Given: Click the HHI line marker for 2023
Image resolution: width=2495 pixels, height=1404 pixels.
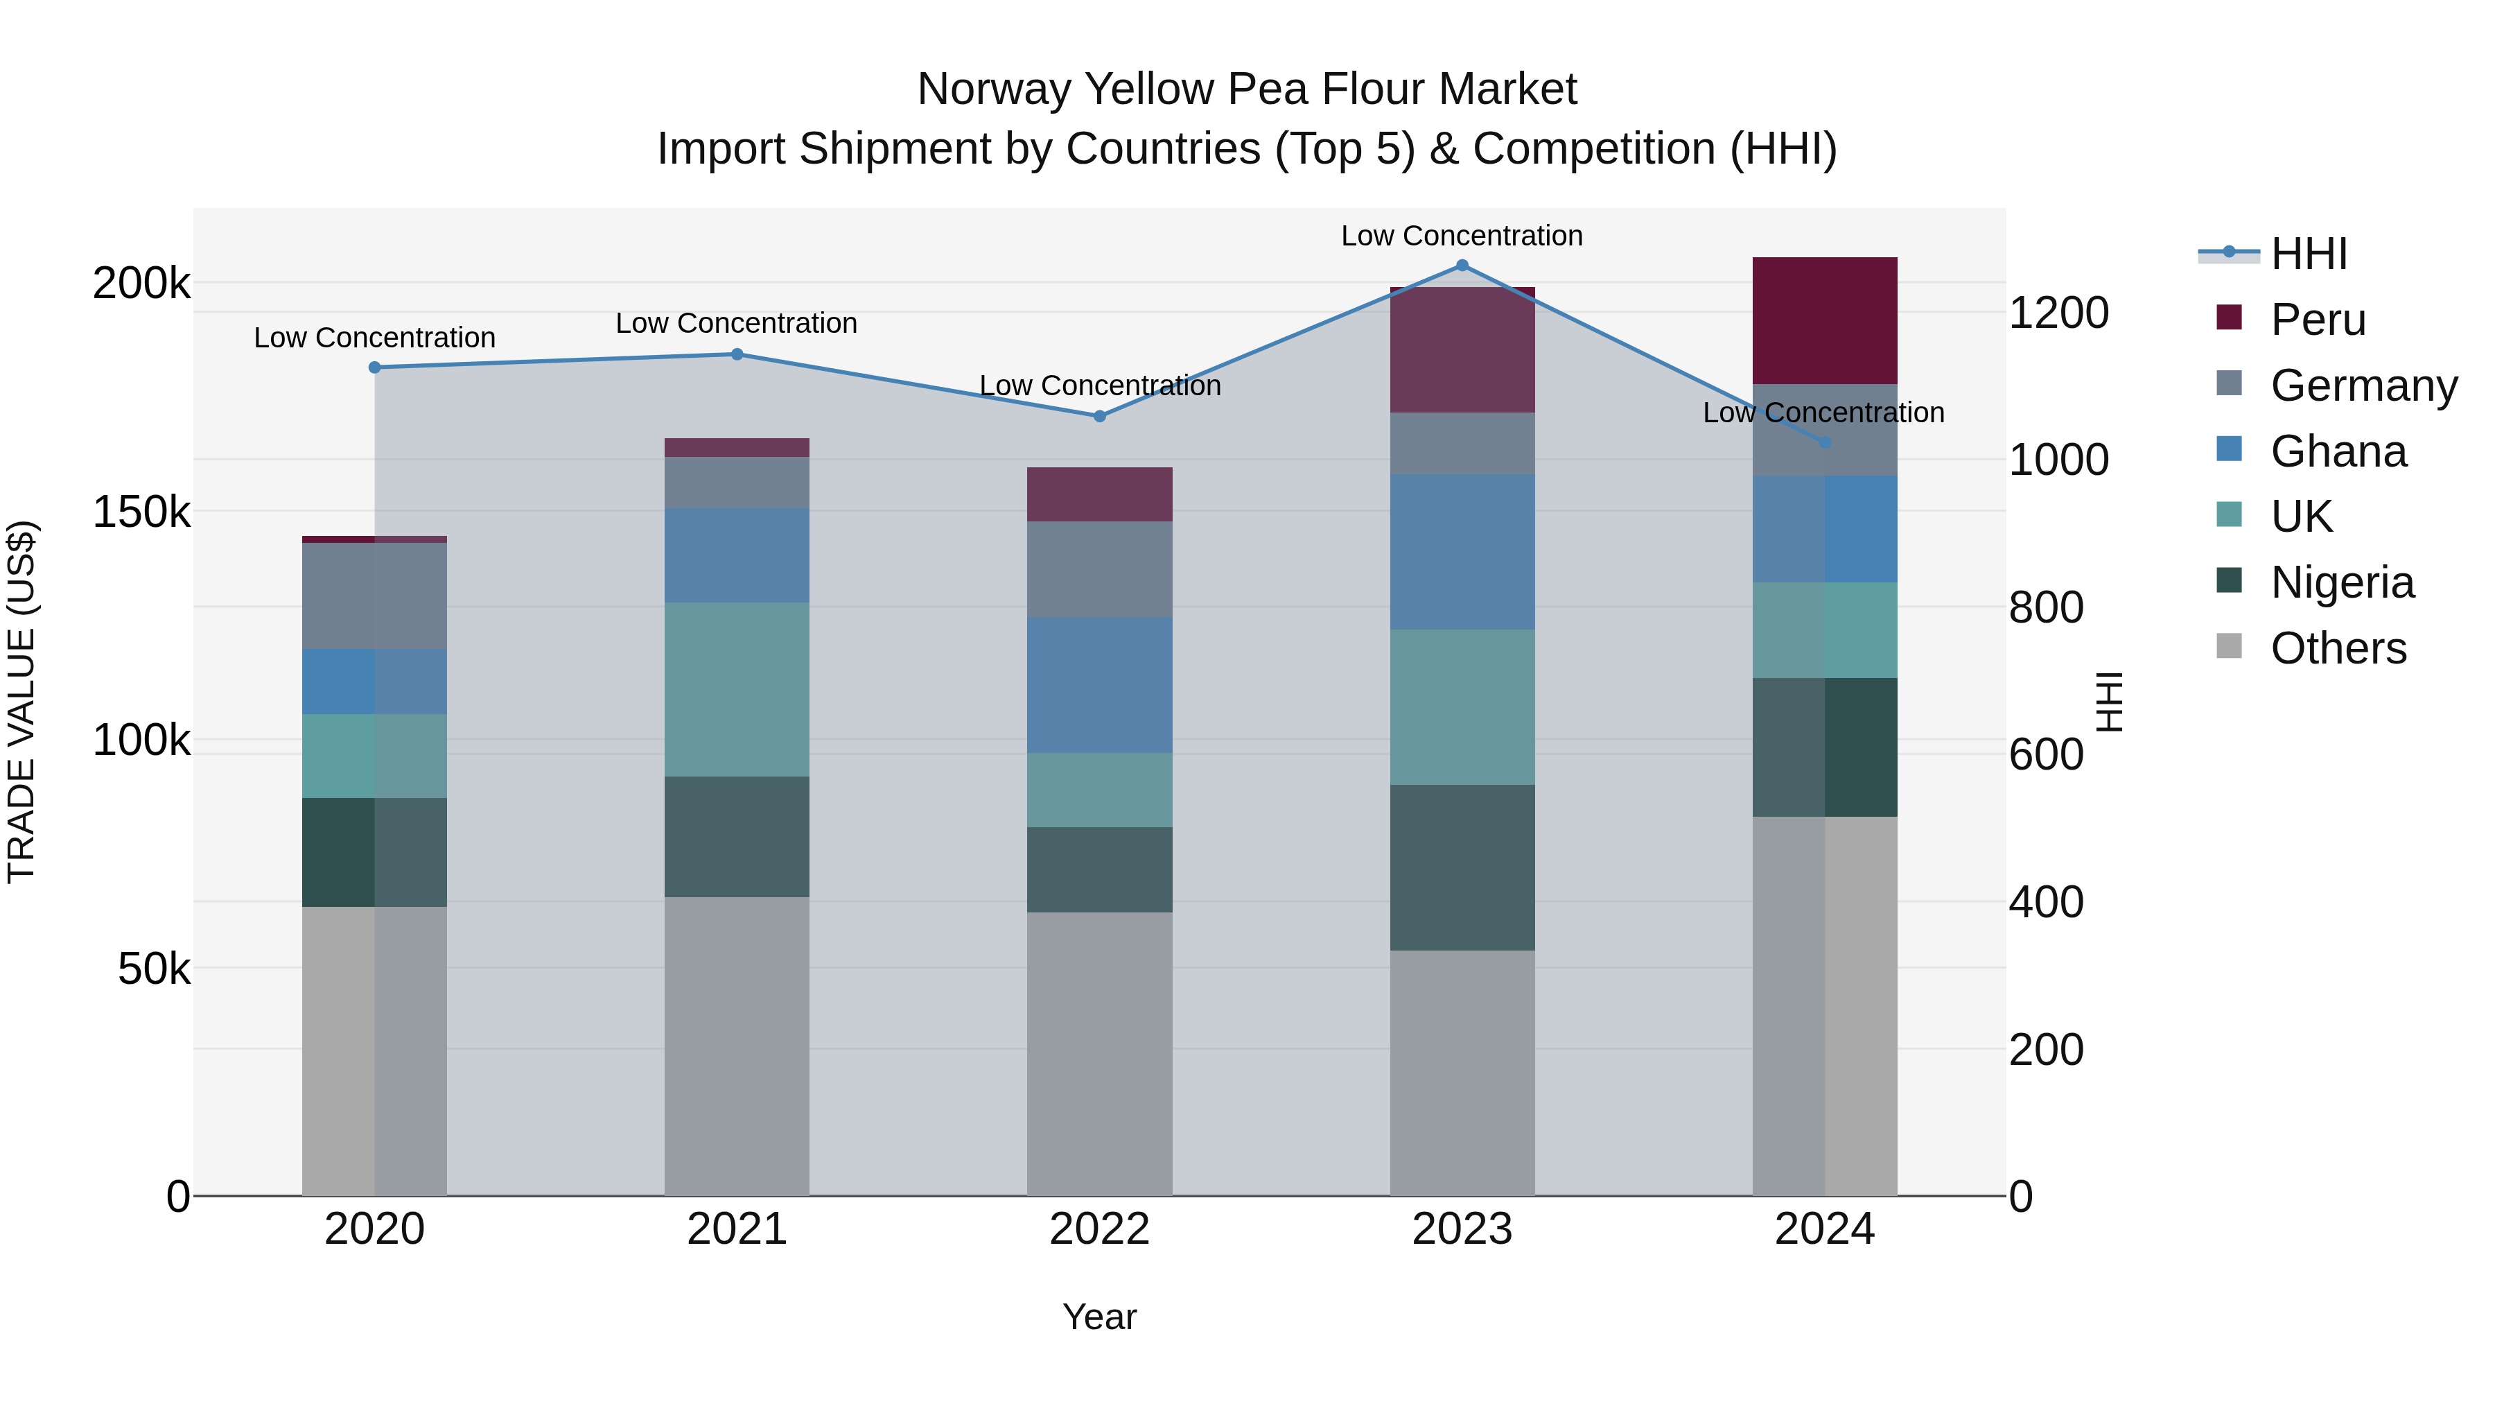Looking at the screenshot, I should [1462, 266].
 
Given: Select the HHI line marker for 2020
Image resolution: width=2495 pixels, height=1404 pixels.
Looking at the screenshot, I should [375, 367].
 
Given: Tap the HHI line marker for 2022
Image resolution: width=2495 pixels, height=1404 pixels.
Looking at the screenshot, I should [1099, 417].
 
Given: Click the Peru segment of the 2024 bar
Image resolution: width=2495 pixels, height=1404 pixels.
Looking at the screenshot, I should [1824, 321].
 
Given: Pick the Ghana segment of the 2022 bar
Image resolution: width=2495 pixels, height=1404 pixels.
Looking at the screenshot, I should [1099, 685].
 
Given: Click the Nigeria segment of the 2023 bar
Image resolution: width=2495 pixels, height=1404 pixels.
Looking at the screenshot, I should [1462, 867].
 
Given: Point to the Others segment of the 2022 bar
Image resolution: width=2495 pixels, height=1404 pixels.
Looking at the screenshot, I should [1099, 1053].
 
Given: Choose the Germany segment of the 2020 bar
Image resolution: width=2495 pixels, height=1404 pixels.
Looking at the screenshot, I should [375, 596].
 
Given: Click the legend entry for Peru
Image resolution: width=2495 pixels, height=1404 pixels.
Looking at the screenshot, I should [2317, 320].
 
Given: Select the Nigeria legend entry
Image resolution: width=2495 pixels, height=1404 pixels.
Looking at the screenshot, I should [2341, 582].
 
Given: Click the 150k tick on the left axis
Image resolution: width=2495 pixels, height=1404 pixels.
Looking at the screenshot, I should [141, 512].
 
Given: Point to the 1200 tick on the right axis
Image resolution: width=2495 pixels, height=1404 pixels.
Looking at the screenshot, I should [2058, 313].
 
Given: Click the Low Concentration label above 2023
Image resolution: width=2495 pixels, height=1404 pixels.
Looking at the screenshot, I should [1462, 236].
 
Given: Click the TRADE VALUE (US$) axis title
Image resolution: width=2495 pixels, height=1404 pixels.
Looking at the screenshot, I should [21, 702].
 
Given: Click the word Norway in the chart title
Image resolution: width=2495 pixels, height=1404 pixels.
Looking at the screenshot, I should [994, 89].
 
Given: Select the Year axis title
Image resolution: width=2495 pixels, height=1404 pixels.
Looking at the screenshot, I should [1099, 1317].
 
